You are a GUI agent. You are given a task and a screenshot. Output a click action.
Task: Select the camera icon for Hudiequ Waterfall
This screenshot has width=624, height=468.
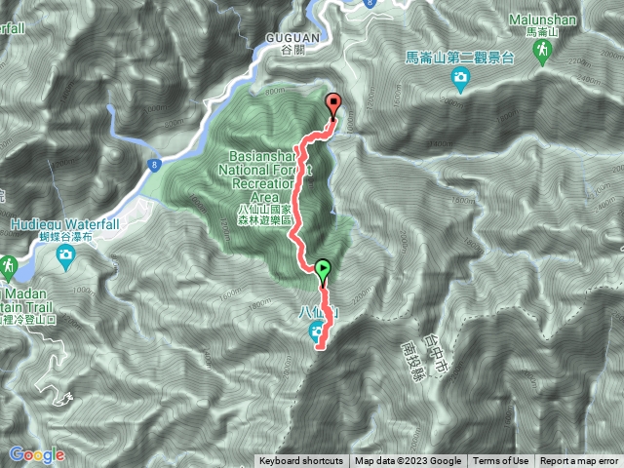coord(65,256)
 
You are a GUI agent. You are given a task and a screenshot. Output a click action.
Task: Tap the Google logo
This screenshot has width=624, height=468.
coord(37,454)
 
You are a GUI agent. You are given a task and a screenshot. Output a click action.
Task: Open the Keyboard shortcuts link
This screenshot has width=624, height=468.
coord(300,461)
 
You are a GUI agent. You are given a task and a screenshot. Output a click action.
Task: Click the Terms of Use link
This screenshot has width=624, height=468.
coord(501,461)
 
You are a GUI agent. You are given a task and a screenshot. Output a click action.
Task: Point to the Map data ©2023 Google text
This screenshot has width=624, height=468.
coord(408,461)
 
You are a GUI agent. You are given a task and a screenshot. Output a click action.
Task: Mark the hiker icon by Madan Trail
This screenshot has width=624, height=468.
coord(8,265)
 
